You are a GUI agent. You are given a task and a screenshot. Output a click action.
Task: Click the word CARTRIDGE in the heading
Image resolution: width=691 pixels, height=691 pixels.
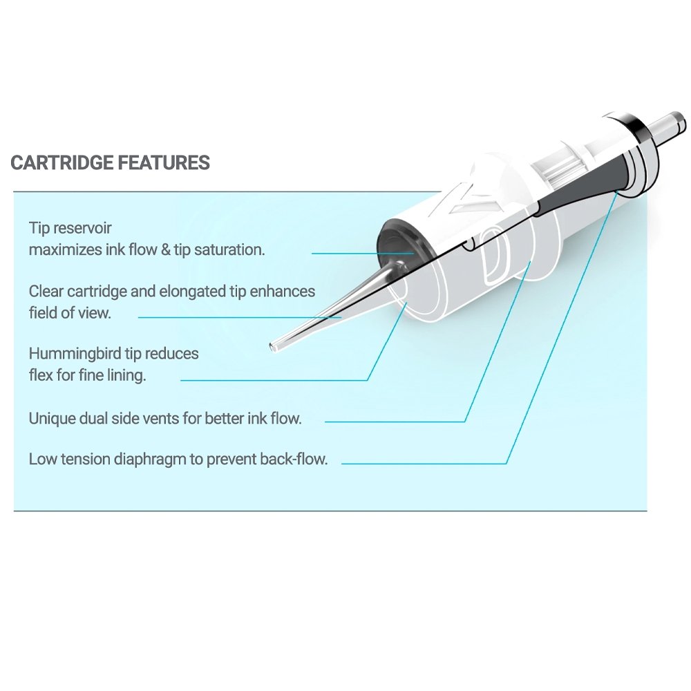(62, 163)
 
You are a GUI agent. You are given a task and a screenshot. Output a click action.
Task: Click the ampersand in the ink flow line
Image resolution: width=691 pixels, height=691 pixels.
(165, 249)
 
